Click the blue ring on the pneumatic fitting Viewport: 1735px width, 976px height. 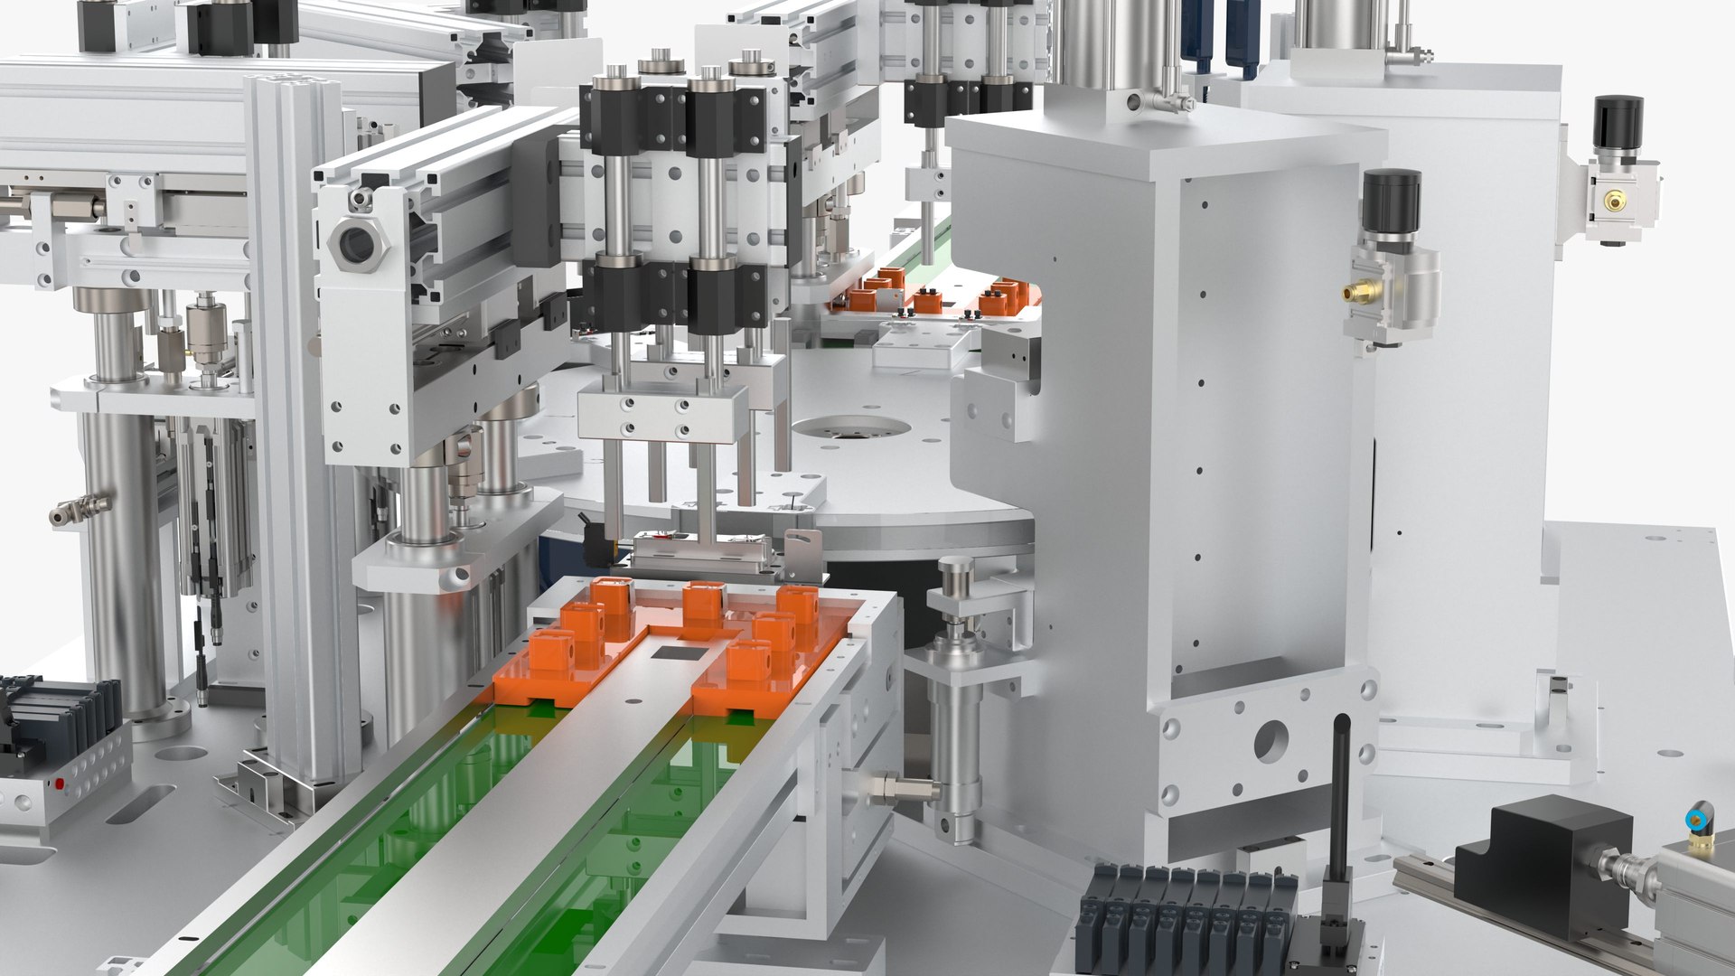(1697, 820)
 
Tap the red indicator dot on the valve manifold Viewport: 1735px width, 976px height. (60, 783)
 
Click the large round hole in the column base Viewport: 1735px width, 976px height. (1271, 743)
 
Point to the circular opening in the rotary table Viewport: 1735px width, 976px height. (849, 428)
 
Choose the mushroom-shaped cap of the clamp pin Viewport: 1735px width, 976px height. (956, 570)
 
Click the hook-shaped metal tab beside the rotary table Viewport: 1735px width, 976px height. (802, 546)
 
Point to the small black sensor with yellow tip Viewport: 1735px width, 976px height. (596, 539)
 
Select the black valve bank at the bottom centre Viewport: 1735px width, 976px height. (1184, 917)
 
